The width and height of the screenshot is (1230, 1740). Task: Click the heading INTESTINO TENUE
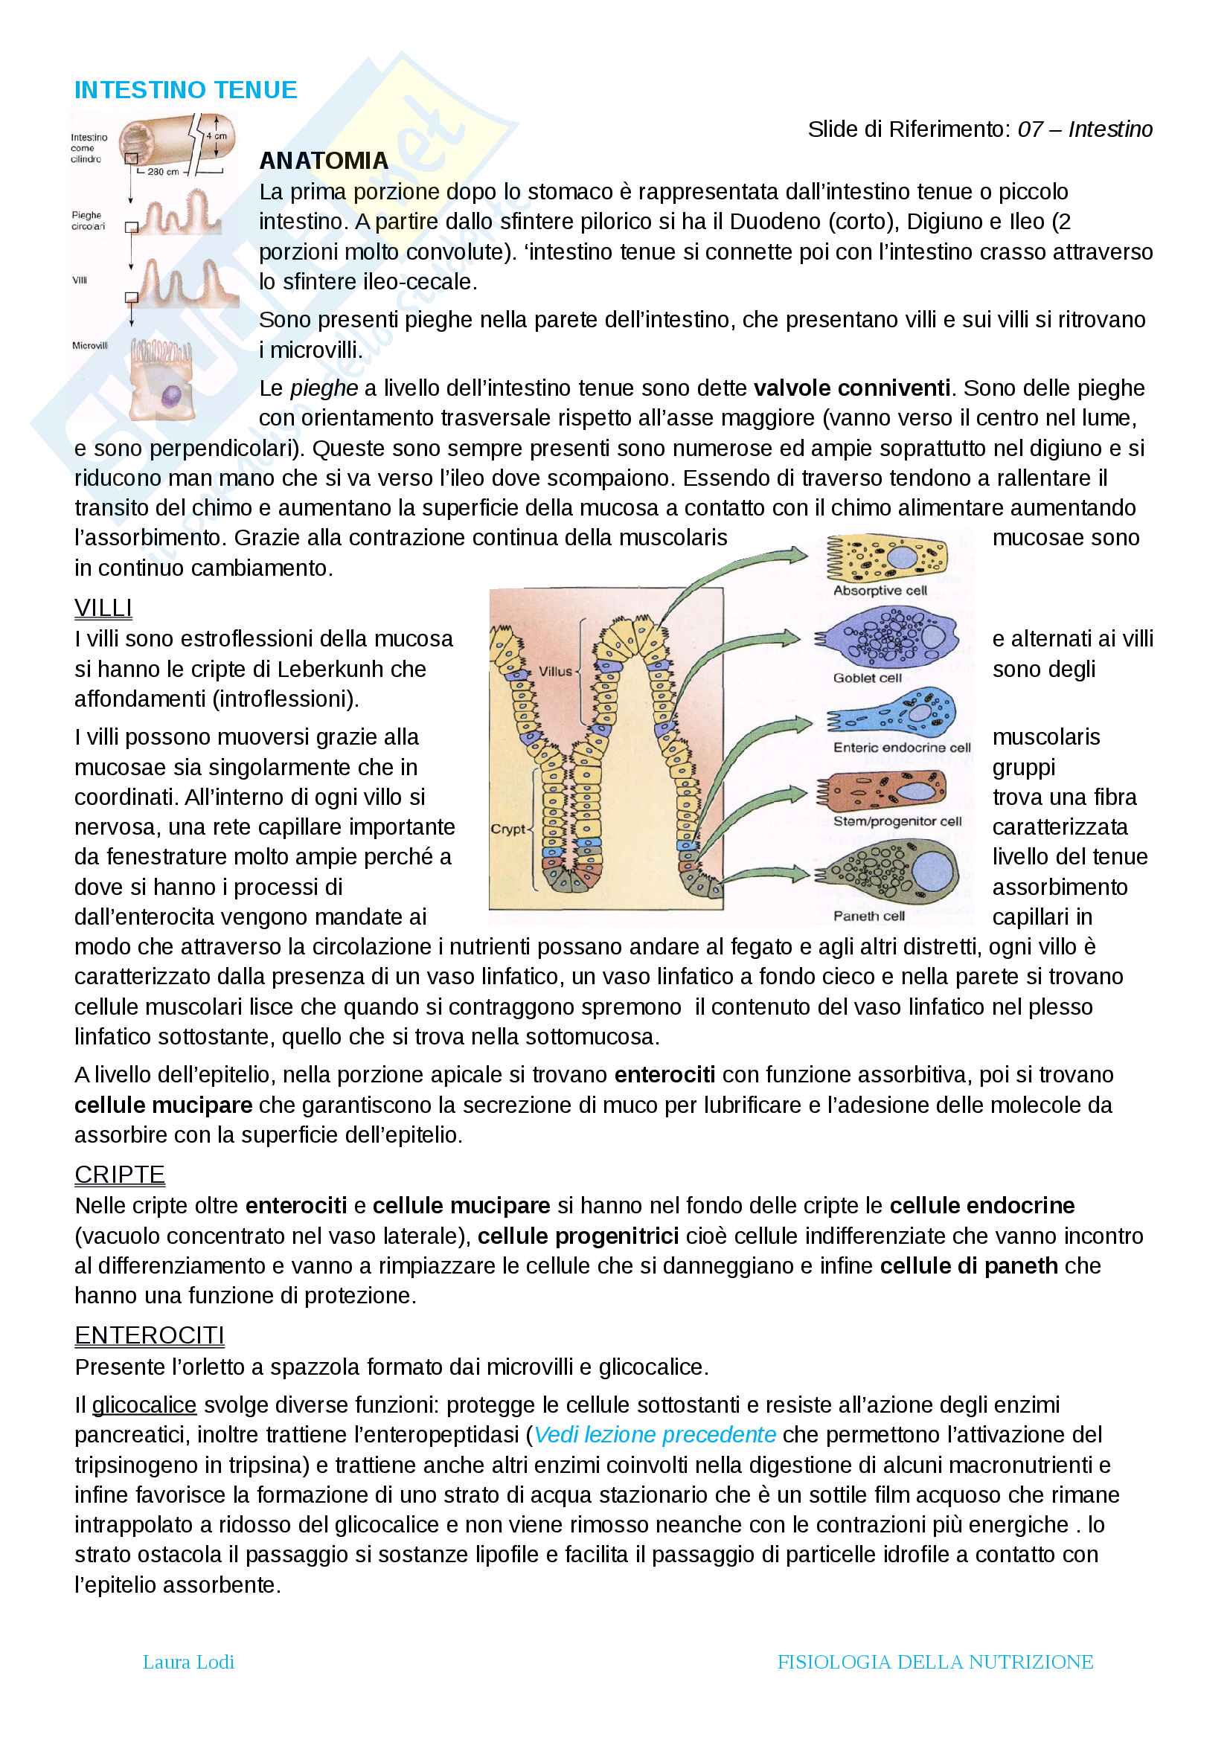(186, 90)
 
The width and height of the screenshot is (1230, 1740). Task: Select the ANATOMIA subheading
(324, 161)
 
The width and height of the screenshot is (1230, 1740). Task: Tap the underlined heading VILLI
(103, 608)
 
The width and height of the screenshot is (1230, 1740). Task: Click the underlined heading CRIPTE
(120, 1175)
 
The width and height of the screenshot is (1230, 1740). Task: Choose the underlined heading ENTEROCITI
(150, 1335)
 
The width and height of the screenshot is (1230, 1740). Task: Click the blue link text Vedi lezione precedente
(655, 1434)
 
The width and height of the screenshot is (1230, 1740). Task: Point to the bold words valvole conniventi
(851, 388)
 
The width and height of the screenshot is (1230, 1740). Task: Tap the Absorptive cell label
(880, 591)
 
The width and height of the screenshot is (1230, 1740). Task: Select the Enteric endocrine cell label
(902, 747)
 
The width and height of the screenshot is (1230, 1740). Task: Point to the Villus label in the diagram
(555, 672)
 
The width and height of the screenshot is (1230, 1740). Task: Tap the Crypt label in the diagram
(507, 829)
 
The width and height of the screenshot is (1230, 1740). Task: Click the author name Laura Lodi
(189, 1662)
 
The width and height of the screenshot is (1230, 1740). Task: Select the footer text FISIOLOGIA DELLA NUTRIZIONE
(935, 1662)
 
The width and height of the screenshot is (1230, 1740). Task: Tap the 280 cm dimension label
(163, 172)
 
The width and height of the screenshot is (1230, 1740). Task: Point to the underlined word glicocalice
(144, 1405)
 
